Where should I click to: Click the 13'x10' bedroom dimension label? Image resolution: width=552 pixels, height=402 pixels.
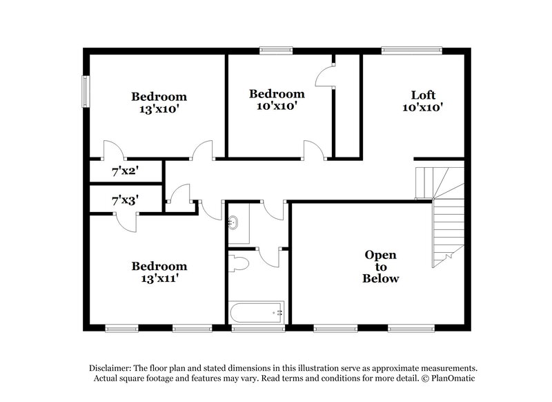(159, 108)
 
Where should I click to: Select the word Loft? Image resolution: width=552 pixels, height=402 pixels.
(423, 95)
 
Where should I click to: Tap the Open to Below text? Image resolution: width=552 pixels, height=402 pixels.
(381, 267)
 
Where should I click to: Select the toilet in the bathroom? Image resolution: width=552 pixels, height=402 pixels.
(238, 263)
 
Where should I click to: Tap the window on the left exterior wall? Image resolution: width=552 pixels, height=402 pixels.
(86, 90)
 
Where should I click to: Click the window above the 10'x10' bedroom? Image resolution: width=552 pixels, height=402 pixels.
(276, 50)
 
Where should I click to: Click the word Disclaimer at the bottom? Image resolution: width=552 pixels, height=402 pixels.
(115, 368)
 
